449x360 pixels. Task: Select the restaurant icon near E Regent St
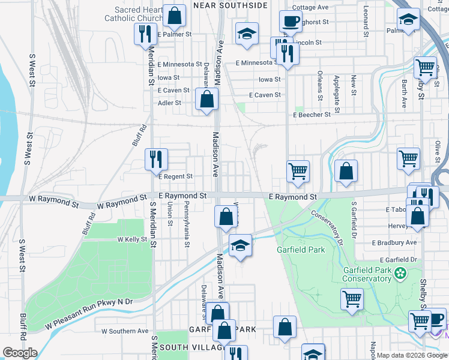click(155, 160)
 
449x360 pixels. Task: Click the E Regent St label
click(175, 176)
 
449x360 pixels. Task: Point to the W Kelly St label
click(132, 239)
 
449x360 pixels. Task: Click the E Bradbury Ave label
click(394, 242)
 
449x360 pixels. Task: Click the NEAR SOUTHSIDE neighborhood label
click(230, 5)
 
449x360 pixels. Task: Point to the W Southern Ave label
click(125, 331)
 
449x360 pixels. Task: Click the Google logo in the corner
click(19, 353)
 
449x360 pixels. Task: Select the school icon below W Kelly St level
click(240, 246)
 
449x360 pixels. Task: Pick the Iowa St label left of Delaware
click(169, 77)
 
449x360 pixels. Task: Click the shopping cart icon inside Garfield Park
click(352, 299)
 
